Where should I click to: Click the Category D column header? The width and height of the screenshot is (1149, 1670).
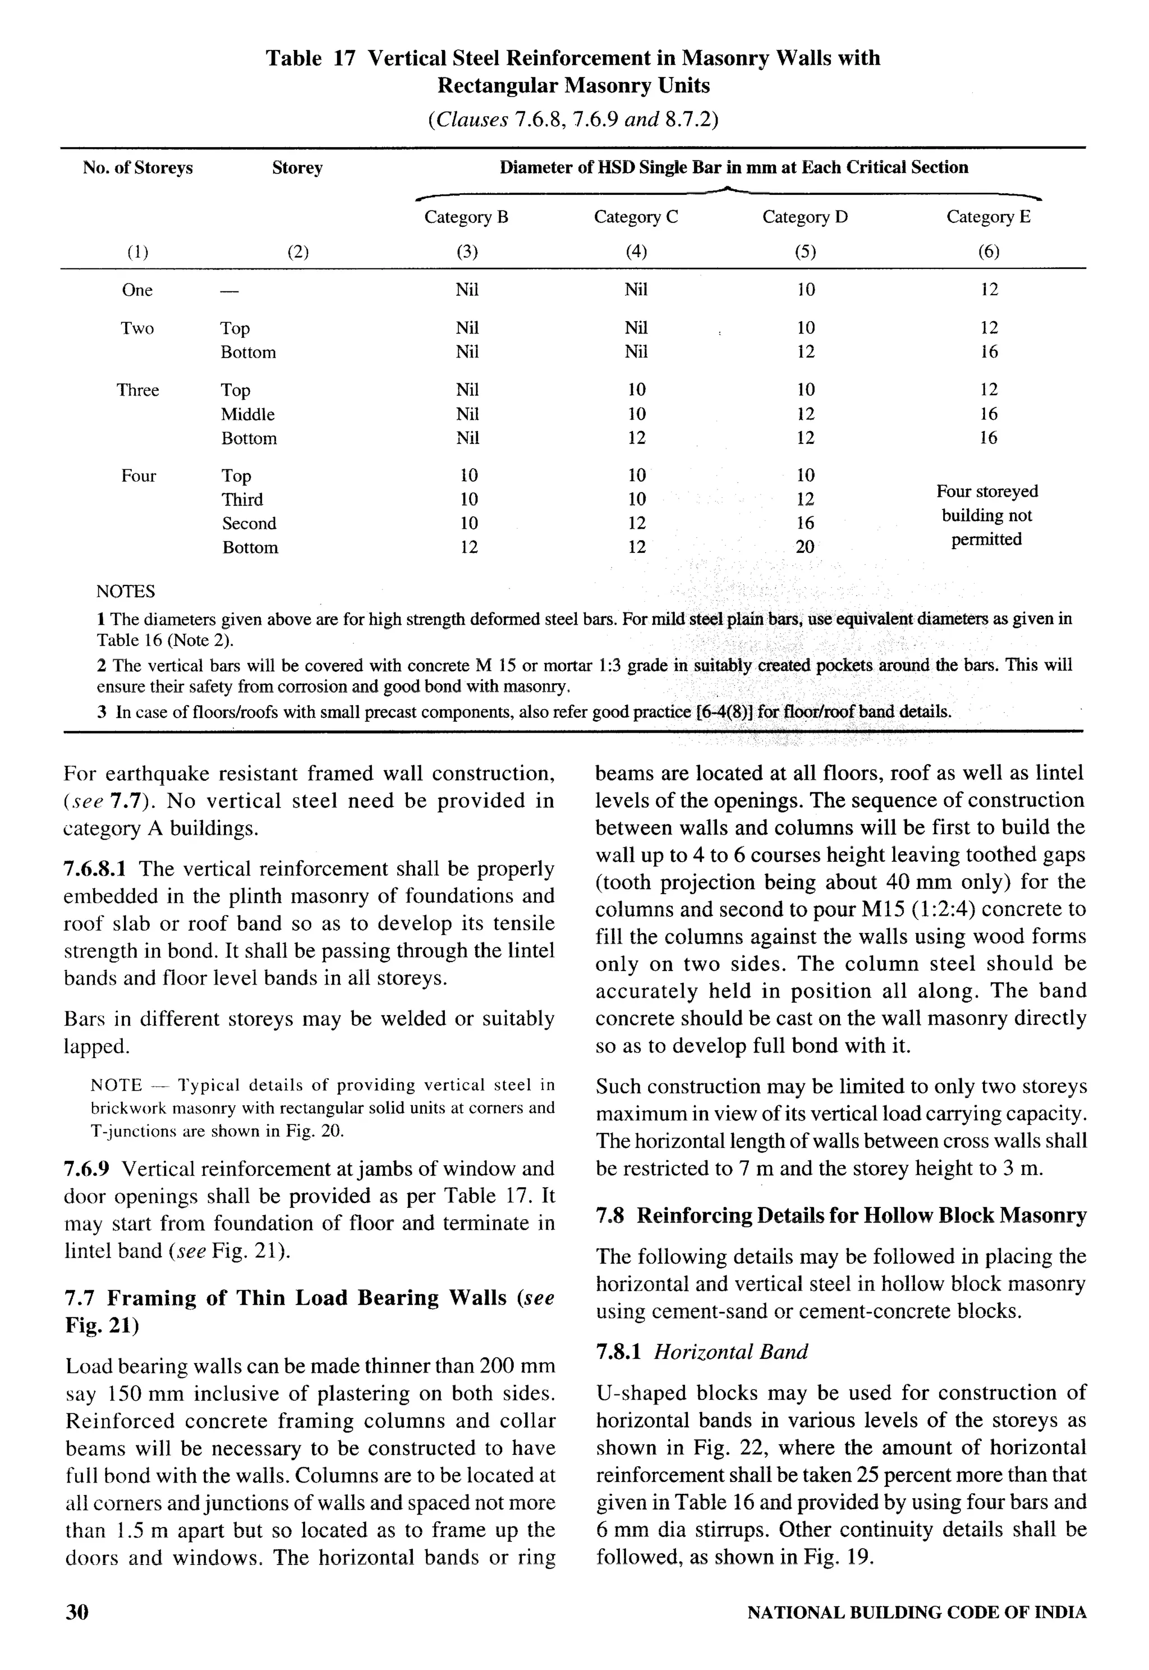805,217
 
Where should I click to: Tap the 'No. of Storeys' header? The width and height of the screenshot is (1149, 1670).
137,168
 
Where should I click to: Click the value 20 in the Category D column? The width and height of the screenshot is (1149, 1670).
805,547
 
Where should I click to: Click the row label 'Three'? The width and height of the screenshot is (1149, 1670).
137,390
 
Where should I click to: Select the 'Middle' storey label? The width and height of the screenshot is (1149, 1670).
247,414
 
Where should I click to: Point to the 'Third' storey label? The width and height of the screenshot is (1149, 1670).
242,499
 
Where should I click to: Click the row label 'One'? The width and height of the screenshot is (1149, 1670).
137,290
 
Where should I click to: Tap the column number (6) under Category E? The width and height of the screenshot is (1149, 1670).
989,251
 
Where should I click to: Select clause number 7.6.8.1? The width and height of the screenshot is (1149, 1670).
98,869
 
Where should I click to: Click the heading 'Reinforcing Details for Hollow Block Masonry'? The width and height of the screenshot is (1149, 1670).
861,1216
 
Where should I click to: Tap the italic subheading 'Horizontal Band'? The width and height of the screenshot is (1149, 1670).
730,1352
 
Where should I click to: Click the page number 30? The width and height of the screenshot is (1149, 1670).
77,1612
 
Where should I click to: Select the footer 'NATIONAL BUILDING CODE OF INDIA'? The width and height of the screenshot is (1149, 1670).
917,1612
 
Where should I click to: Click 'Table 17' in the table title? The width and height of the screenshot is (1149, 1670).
310,58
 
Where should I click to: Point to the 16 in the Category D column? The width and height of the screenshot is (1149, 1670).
805,523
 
